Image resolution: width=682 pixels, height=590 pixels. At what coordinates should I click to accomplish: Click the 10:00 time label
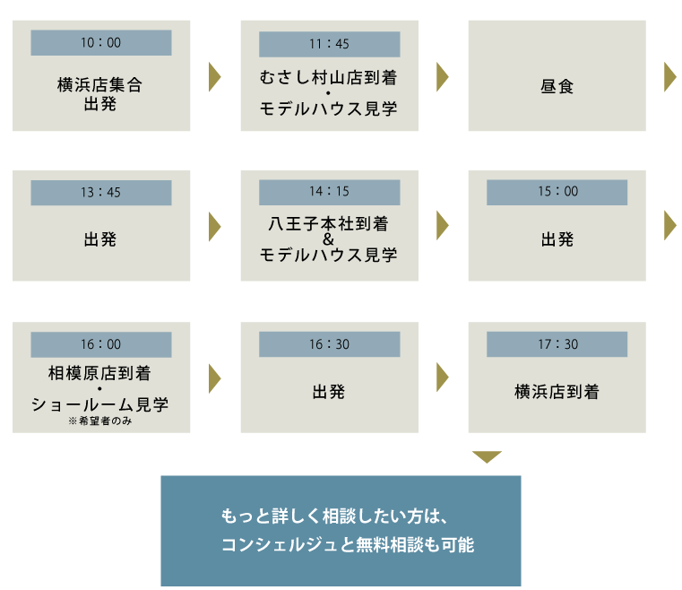[x=101, y=43]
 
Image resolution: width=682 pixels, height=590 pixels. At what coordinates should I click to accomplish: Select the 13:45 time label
[x=101, y=193]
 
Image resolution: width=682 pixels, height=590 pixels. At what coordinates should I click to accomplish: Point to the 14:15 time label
[x=329, y=193]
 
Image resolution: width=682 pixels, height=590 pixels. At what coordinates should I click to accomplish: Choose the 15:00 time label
[x=557, y=193]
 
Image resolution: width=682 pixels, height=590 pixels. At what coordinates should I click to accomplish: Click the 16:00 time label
[x=101, y=344]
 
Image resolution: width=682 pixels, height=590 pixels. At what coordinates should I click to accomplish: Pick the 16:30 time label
[x=329, y=344]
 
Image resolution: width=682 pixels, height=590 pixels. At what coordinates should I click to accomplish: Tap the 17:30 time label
[x=557, y=344]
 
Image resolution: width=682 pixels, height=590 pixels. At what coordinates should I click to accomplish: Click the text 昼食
[x=557, y=88]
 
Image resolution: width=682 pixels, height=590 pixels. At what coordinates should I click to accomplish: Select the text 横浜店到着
[x=557, y=392]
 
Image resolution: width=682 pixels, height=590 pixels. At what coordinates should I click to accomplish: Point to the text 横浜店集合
[x=99, y=86]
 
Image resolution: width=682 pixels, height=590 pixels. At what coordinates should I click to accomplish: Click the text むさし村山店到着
[x=329, y=78]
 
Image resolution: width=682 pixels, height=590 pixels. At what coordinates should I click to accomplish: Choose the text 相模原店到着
[x=99, y=372]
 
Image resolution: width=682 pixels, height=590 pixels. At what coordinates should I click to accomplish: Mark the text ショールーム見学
[x=99, y=404]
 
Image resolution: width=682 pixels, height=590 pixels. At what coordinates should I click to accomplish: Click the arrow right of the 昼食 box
[x=669, y=77]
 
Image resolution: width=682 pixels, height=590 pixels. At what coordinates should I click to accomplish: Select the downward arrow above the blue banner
[x=486, y=457]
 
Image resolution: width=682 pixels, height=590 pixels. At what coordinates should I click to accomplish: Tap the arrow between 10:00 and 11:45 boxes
[x=214, y=77]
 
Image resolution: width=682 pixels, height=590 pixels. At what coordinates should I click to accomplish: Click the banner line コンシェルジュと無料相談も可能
[x=347, y=544]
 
